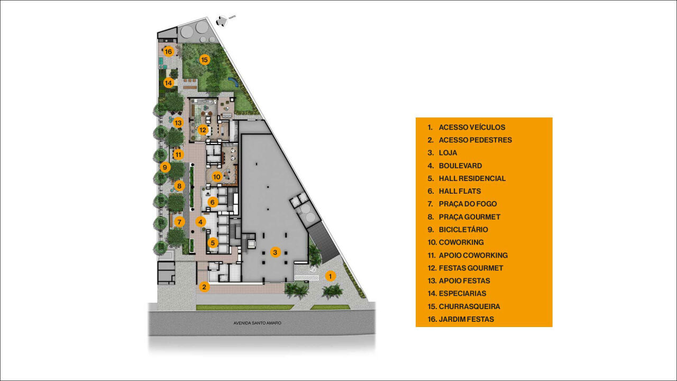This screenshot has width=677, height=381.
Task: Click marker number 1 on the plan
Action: (x=330, y=276)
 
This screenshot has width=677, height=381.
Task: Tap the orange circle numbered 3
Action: (x=275, y=252)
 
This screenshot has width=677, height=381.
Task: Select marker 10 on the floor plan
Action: (x=216, y=177)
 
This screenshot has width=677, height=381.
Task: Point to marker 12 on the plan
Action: (x=203, y=130)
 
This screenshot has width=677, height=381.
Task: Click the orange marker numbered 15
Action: (x=205, y=60)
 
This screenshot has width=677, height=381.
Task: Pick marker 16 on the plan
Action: (x=169, y=51)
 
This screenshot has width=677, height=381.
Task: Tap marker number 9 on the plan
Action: (x=165, y=167)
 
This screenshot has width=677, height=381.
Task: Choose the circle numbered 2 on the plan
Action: (x=204, y=287)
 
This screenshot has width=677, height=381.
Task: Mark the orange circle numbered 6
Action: (x=213, y=202)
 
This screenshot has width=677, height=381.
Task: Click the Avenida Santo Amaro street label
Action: (x=258, y=323)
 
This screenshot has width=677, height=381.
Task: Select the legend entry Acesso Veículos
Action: (x=472, y=128)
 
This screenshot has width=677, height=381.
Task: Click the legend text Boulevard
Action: (x=460, y=166)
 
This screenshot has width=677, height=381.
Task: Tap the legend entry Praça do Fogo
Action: (x=468, y=204)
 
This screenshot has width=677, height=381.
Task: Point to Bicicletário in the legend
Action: (x=463, y=230)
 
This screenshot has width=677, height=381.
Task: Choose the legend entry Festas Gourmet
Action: (x=471, y=268)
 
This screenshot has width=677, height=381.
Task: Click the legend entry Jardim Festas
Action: (x=466, y=319)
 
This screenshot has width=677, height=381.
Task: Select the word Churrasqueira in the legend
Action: (x=469, y=306)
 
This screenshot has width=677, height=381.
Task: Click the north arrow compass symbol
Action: (x=222, y=21)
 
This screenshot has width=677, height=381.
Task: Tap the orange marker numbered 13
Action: (x=178, y=123)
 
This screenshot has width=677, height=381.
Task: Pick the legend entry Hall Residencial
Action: (x=472, y=178)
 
